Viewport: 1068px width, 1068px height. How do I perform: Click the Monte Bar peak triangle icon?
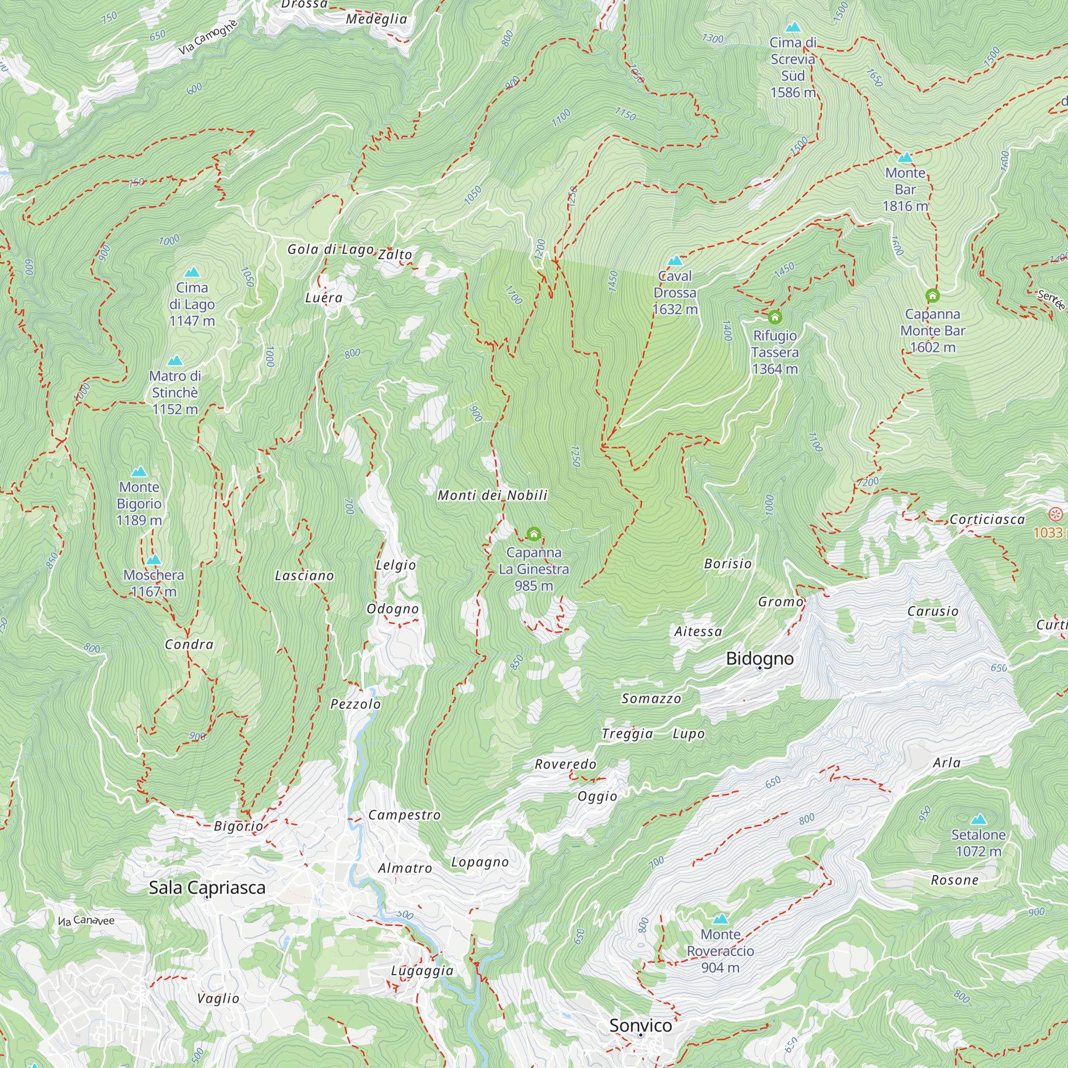pyautogui.click(x=905, y=158)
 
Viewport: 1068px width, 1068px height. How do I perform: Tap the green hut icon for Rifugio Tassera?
pyautogui.click(x=774, y=317)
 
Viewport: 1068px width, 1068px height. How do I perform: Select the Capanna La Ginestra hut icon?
pyautogui.click(x=533, y=534)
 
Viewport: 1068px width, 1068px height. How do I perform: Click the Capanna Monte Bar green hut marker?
pyautogui.click(x=932, y=296)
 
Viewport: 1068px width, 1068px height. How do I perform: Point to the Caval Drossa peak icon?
pyautogui.click(x=675, y=261)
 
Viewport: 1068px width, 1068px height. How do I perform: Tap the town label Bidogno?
pyautogui.click(x=759, y=658)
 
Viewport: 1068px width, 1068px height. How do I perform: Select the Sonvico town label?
pyautogui.click(x=640, y=1025)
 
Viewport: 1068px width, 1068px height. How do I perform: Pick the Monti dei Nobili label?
pyautogui.click(x=492, y=496)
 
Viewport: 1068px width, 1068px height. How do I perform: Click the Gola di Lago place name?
pyautogui.click(x=331, y=249)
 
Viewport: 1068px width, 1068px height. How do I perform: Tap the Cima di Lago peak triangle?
pyautogui.click(x=192, y=272)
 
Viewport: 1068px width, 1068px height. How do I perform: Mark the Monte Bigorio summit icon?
pyautogui.click(x=139, y=472)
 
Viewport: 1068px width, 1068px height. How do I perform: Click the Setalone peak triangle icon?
pyautogui.click(x=978, y=819)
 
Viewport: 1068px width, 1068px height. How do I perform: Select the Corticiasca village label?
pyautogui.click(x=987, y=520)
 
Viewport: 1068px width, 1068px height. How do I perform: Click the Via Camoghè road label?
pyautogui.click(x=208, y=37)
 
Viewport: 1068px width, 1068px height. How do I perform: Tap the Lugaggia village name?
pyautogui.click(x=422, y=971)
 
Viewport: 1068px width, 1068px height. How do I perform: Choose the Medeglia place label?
pyautogui.click(x=376, y=19)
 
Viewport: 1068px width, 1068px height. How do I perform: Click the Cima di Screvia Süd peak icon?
pyautogui.click(x=792, y=27)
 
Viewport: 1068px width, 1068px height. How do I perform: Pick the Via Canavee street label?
pyautogui.click(x=86, y=921)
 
